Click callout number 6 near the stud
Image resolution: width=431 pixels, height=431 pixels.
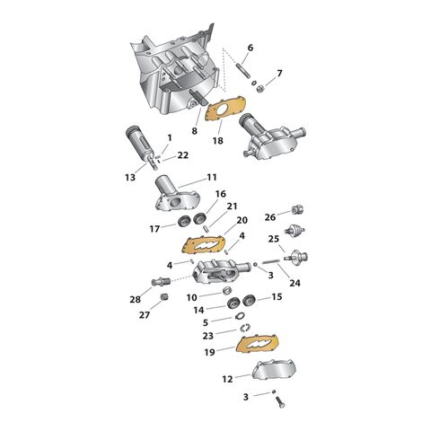click(251, 48)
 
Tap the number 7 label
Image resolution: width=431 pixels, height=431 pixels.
click(279, 73)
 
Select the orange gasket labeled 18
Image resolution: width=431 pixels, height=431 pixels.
click(226, 109)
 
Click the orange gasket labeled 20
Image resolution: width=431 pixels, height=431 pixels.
click(203, 244)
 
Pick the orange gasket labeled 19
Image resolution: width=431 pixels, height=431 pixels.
click(257, 343)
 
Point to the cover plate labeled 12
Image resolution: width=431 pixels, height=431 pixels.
click(274, 369)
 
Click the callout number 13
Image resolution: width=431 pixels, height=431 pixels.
click(130, 178)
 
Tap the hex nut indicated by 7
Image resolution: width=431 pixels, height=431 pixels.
click(259, 89)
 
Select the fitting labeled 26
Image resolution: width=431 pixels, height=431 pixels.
click(297, 209)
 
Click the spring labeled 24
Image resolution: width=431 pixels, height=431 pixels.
click(271, 261)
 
